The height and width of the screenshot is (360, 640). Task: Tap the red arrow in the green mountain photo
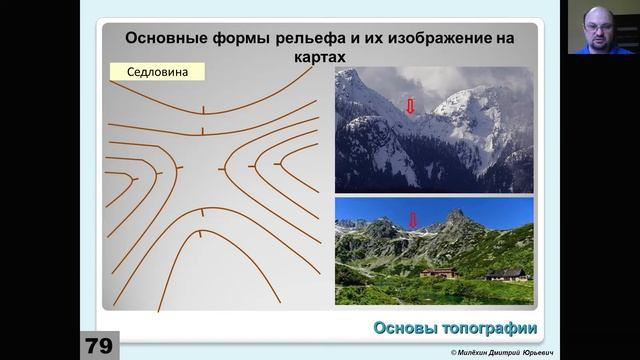click(x=413, y=219)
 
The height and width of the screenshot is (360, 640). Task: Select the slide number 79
click(x=98, y=346)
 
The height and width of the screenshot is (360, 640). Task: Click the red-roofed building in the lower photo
click(x=439, y=271)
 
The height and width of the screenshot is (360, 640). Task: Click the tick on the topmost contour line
click(x=203, y=108)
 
